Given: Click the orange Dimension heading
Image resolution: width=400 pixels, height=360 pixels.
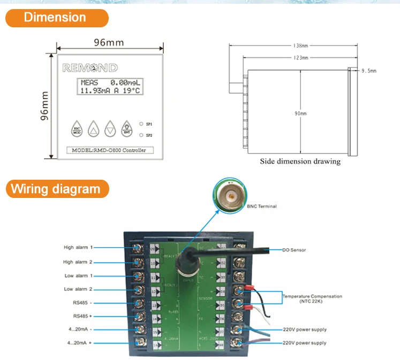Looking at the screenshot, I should tap(56, 17).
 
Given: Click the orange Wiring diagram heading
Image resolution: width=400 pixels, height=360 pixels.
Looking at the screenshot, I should tap(56, 189).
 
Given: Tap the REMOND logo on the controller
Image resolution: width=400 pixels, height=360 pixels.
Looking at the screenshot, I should tap(90, 68).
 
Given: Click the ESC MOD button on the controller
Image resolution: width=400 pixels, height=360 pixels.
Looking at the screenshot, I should tap(77, 128).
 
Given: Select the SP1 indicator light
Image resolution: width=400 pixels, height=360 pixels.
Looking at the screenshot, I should tap(140, 124).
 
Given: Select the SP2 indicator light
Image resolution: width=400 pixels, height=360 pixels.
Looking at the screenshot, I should tap(140, 135).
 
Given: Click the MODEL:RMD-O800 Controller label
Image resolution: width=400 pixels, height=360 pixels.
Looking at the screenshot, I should tap(109, 150).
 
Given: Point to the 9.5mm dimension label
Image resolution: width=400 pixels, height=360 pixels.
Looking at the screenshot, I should tap(369, 71).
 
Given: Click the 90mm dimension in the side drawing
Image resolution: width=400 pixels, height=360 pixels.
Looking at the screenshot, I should tap(301, 113).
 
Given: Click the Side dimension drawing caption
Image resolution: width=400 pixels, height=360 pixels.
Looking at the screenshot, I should tap(300, 161).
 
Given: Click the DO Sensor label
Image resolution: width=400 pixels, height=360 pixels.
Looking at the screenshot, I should tap(294, 250).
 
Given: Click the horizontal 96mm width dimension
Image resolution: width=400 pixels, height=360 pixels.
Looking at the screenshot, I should tap(109, 42).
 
